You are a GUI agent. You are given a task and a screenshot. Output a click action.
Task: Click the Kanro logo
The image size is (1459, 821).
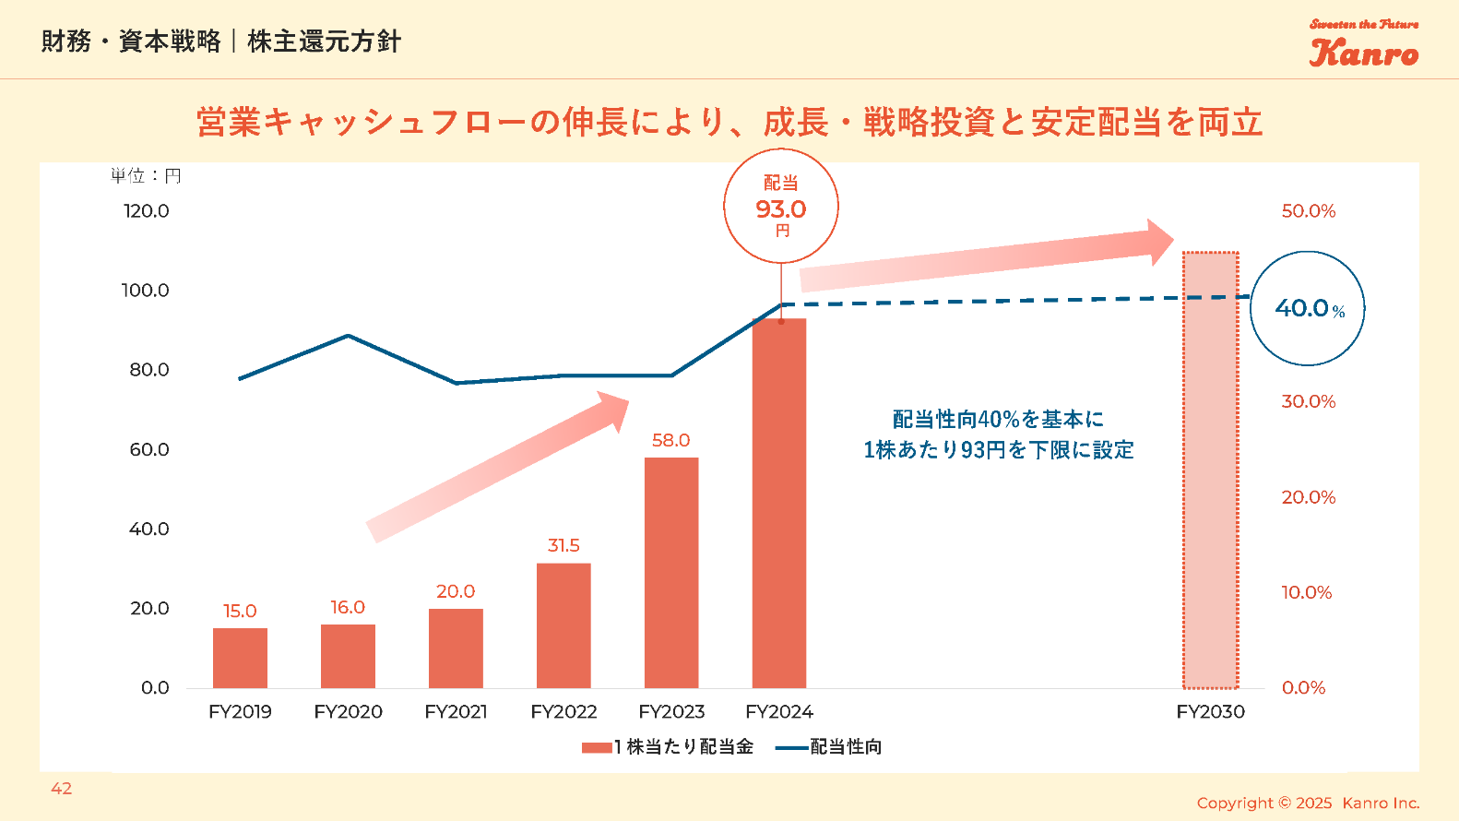coord(1364,45)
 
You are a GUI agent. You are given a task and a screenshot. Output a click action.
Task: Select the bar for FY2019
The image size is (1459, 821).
coord(240,658)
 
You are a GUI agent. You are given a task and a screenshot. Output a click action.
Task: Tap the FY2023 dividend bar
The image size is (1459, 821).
coord(671,572)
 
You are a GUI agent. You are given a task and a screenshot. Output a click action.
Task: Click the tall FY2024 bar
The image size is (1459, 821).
coord(779,503)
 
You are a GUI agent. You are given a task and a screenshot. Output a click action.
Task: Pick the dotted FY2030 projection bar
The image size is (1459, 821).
coord(1210,470)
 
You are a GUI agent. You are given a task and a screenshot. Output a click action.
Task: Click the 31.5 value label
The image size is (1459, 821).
coord(563,545)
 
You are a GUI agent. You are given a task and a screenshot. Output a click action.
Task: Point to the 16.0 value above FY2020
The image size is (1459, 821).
coord(348,607)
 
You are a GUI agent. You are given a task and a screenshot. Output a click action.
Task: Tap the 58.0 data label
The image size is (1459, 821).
coord(670,440)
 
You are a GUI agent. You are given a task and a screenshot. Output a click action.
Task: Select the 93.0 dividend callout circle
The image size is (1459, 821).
coord(781,207)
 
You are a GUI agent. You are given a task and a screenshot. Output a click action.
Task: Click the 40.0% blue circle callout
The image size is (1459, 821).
coord(1307,308)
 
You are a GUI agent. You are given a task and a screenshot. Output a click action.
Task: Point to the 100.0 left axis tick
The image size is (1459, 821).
coord(146,291)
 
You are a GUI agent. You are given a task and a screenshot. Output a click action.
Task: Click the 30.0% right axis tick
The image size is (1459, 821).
coord(1308,401)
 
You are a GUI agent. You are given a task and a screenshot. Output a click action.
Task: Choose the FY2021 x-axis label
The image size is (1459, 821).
coord(456,711)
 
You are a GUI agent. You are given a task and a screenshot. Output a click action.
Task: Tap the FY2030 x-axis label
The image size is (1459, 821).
coord(1210,711)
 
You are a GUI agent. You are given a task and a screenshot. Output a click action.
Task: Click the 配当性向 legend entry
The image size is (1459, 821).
coord(829,746)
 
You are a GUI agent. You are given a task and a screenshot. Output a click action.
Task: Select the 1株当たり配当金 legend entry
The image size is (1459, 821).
coord(668,746)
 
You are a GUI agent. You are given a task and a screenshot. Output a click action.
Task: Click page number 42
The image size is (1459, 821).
coord(62,788)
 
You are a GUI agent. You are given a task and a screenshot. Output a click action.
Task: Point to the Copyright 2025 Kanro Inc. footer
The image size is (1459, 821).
coord(1308,803)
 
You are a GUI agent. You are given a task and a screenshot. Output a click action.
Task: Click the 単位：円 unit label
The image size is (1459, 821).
coord(146,175)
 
